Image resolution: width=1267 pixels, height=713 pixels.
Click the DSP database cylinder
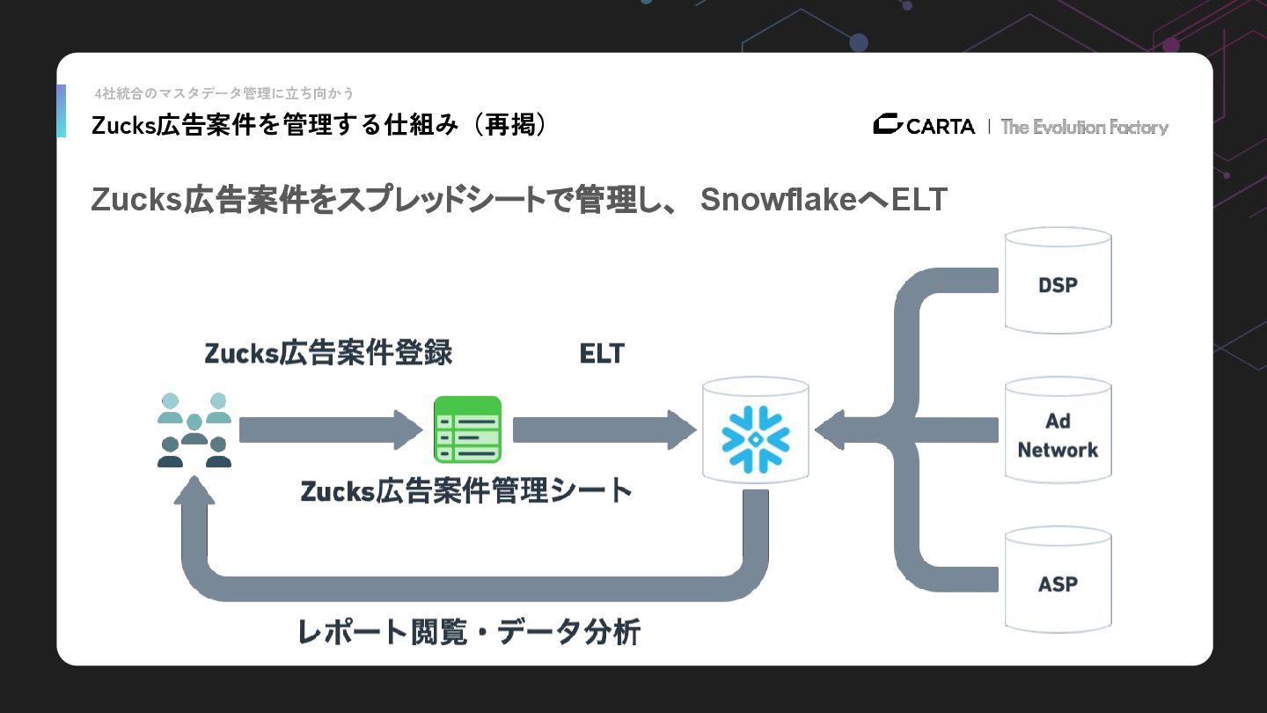tap(1058, 281)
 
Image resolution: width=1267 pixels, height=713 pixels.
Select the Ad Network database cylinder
tap(1058, 431)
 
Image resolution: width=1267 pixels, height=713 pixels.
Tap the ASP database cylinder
tap(1058, 581)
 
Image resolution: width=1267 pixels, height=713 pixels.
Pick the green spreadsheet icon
tap(467, 430)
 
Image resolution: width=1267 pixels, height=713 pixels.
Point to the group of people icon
tap(194, 430)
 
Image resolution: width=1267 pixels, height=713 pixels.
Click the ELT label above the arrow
tap(602, 354)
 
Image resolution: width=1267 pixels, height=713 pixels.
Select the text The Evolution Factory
tap(1084, 127)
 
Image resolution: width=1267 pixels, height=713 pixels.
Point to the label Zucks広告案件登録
tap(328, 354)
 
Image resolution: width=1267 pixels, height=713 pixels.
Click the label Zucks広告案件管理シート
tap(466, 490)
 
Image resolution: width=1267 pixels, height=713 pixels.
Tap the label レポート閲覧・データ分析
tap(469, 632)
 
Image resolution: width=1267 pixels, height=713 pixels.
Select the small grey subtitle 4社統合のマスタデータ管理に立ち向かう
tap(224, 93)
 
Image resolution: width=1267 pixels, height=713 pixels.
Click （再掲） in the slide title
tap(510, 125)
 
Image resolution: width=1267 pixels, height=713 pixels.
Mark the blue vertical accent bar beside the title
tap(61, 111)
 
